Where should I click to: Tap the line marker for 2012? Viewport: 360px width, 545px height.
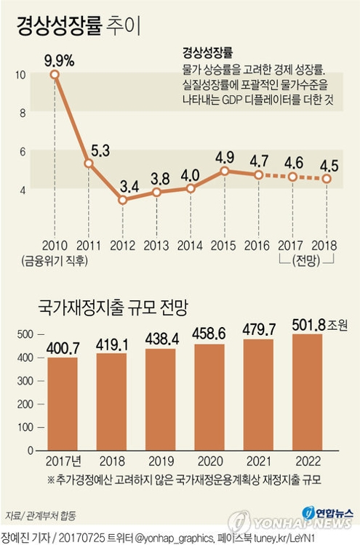[x=123, y=200]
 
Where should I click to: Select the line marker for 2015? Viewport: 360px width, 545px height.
[x=225, y=171]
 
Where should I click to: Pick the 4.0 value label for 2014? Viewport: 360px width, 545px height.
[x=191, y=174]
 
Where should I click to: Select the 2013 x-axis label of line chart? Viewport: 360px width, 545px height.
[x=156, y=245]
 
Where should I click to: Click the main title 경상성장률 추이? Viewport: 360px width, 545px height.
[x=79, y=26]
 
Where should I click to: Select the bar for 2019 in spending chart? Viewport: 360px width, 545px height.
[x=161, y=400]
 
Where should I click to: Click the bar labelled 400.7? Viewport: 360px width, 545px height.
[x=62, y=404]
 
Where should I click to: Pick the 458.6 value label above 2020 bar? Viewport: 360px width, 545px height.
[x=210, y=333]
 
